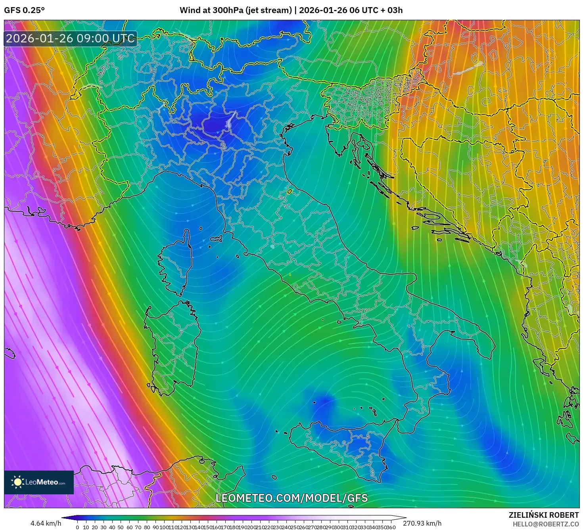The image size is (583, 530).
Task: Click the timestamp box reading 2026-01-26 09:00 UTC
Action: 71,38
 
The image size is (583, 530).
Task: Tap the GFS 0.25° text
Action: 24,10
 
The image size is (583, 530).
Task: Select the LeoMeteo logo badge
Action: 39,482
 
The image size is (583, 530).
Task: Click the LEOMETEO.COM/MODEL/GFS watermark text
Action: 291,498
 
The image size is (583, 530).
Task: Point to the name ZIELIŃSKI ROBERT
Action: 544,515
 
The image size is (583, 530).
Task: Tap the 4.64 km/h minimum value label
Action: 46,523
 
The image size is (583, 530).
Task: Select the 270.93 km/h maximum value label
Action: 422,523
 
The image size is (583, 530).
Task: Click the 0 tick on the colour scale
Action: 77,527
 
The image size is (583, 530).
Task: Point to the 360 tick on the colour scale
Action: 391,527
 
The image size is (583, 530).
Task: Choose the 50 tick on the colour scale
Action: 121,527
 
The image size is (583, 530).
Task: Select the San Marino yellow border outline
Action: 290,192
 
